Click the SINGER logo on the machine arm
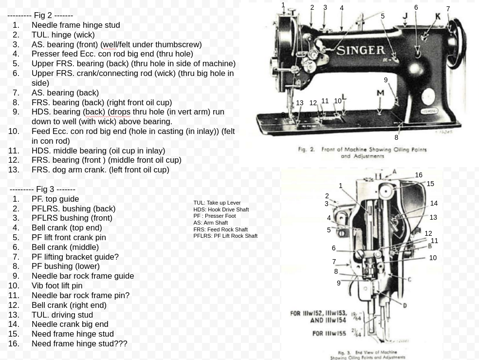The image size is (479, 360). pyautogui.click(x=361, y=50)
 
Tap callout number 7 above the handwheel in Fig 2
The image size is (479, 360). pyautogui.click(x=448, y=9)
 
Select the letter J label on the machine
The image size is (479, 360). pyautogui.click(x=405, y=16)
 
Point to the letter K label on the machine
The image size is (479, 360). pyautogui.click(x=438, y=16)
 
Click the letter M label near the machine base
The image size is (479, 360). pyautogui.click(x=380, y=93)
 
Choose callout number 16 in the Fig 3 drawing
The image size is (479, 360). pyautogui.click(x=419, y=175)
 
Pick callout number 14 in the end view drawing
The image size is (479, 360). pyautogui.click(x=434, y=203)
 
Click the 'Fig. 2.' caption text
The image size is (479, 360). pyautogui.click(x=306, y=150)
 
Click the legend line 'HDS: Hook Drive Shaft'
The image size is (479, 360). pyautogui.click(x=221, y=209)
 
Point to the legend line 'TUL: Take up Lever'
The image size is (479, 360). pyautogui.click(x=217, y=203)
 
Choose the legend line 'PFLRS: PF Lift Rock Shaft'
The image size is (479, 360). pyautogui.click(x=225, y=236)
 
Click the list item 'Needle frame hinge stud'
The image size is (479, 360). pyautogui.click(x=75, y=25)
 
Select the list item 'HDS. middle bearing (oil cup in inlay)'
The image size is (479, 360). pyautogui.click(x=98, y=151)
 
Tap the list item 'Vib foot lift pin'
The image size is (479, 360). pyautogui.click(x=57, y=285)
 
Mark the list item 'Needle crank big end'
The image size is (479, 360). pyautogui.click(x=70, y=324)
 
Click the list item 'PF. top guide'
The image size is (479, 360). pyautogui.click(x=55, y=199)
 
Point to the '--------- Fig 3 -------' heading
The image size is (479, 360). pyautogui.click(x=42, y=189)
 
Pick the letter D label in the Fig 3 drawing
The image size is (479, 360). pyautogui.click(x=405, y=305)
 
